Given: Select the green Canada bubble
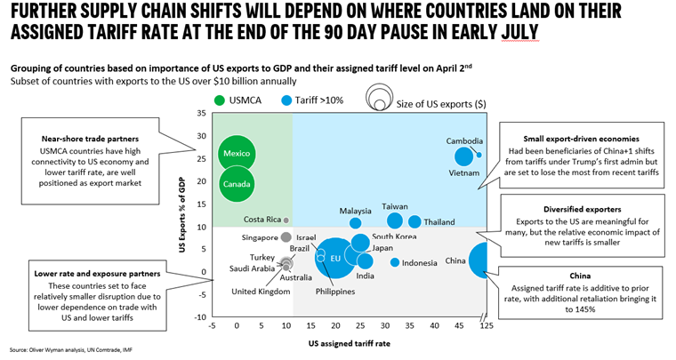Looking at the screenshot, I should (237, 185).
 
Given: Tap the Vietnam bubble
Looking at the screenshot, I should (464, 156).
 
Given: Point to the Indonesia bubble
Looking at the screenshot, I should (394, 262).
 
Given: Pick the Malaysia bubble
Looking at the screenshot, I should (356, 223).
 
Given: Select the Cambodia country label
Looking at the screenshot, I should (465, 141).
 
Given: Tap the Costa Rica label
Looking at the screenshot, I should (262, 220).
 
